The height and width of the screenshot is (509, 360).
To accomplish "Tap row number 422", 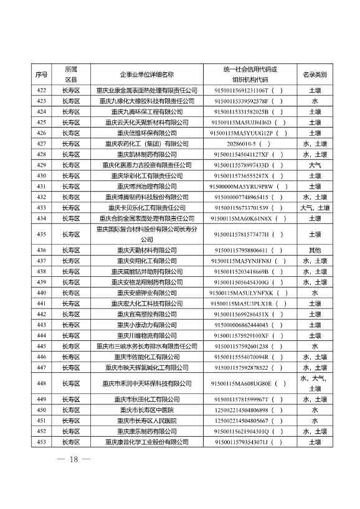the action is pos(42,90).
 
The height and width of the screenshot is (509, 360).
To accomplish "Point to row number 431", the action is pos(42,186).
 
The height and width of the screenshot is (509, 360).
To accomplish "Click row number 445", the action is pos(42,346).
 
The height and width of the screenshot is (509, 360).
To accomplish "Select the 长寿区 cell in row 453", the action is pos(71,442).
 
